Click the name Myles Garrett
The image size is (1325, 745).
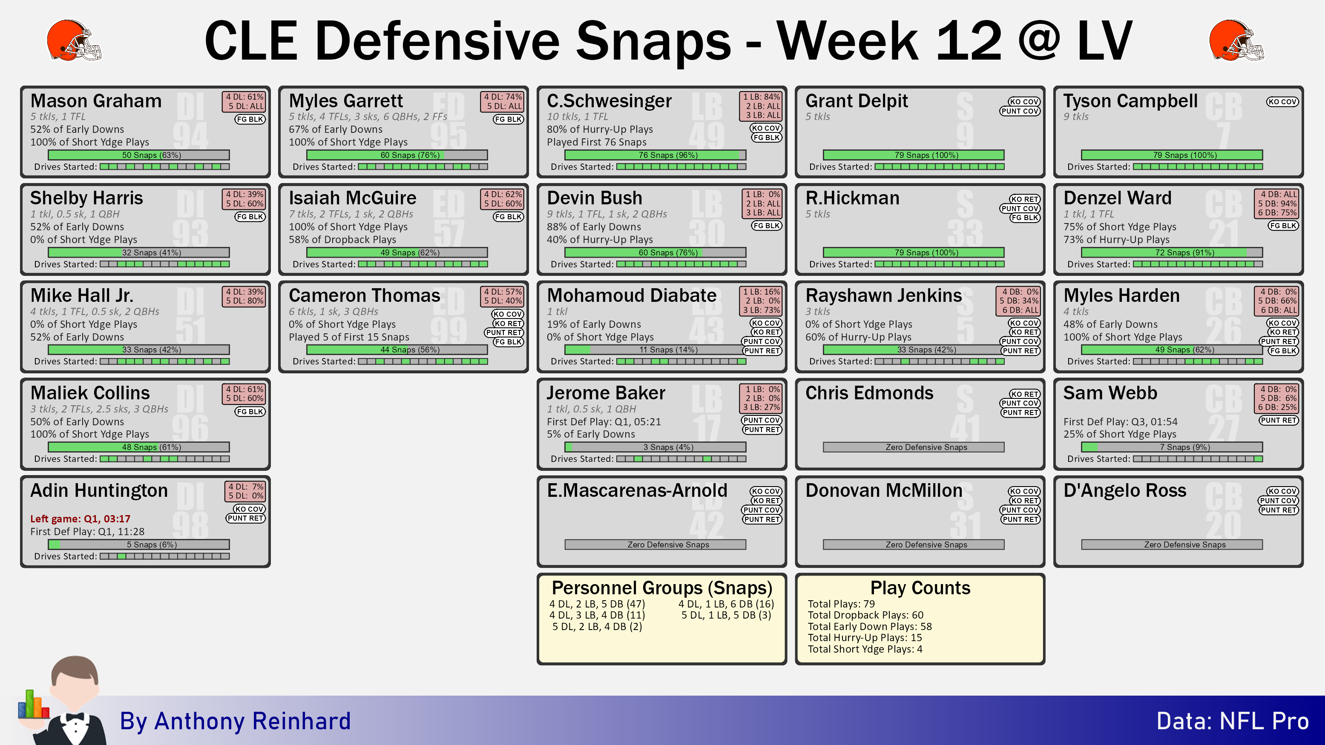click(x=346, y=101)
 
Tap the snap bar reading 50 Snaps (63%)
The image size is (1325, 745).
click(x=139, y=155)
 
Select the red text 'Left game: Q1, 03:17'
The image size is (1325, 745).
click(x=80, y=519)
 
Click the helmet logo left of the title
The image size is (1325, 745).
click(x=74, y=40)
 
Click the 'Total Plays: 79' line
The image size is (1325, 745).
click(x=841, y=604)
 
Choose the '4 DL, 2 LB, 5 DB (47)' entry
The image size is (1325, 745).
click(x=597, y=604)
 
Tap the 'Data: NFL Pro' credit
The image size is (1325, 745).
click(x=1233, y=721)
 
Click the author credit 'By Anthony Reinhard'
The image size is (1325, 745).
click(x=235, y=721)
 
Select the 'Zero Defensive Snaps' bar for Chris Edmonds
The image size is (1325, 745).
click(x=914, y=447)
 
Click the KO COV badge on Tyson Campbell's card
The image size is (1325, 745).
click(x=1282, y=102)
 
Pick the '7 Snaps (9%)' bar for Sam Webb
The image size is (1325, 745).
click(x=1172, y=447)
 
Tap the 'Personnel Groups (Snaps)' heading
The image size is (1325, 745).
click(x=662, y=587)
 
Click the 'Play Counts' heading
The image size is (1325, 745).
click(x=920, y=587)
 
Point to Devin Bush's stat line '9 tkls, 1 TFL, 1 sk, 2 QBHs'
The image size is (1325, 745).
click(x=607, y=214)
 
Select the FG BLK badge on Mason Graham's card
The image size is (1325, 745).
click(x=250, y=119)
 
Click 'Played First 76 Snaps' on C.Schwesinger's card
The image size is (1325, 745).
click(x=597, y=142)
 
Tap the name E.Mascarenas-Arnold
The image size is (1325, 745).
click(x=637, y=490)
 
